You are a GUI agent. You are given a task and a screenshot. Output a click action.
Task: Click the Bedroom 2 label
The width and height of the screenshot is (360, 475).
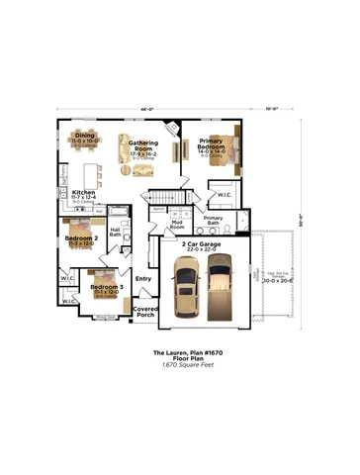click(x=81, y=238)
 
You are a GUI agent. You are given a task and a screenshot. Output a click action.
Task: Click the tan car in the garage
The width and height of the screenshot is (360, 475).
click(x=185, y=288)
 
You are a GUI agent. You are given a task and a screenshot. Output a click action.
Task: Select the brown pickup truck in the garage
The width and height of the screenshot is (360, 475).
click(x=219, y=286)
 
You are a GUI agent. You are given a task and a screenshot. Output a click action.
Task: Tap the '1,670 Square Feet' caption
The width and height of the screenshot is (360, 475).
click(x=181, y=364)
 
